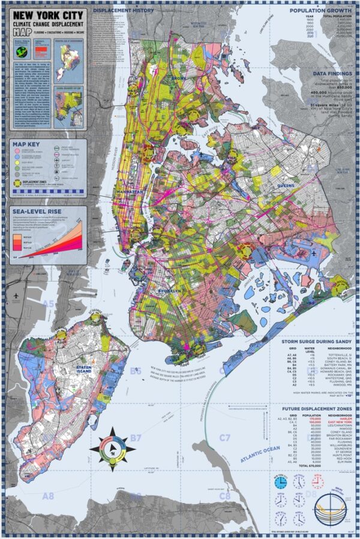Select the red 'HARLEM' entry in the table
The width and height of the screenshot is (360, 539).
(x=340, y=418)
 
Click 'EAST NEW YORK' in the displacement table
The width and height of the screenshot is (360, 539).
(x=336, y=423)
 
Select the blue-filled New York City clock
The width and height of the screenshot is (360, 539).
(x=280, y=483)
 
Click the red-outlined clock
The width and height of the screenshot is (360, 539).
(x=317, y=482)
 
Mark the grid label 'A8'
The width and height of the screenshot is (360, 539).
(x=47, y=496)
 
